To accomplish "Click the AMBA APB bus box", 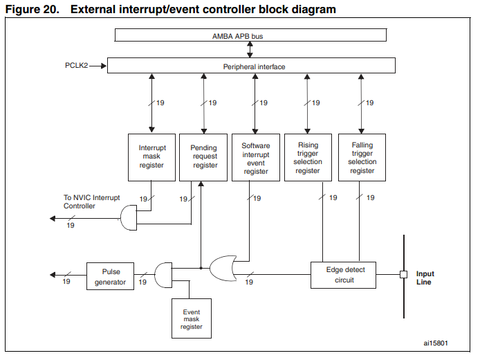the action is [x=250, y=35].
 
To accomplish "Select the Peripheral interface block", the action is [x=251, y=65].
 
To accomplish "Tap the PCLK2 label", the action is [x=76, y=66].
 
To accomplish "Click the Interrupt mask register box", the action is [x=151, y=157].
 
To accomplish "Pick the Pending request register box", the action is [x=203, y=157].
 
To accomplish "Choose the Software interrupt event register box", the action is [x=256, y=157].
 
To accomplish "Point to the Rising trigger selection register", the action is [x=308, y=157].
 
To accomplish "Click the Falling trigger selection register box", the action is [x=362, y=157].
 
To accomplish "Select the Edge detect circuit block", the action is [x=343, y=275].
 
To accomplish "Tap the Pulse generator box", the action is [x=110, y=276].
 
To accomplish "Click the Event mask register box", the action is [x=192, y=318].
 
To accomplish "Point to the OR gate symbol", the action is [x=223, y=269].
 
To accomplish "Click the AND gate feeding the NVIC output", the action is [x=129, y=217].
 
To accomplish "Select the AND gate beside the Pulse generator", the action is [x=163, y=275].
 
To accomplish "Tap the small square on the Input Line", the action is [x=404, y=275].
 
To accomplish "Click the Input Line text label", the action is [x=425, y=278].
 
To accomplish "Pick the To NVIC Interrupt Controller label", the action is [x=91, y=201].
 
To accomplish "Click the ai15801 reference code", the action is [x=436, y=343].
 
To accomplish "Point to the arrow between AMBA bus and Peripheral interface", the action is [x=250, y=50].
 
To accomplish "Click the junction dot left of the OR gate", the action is [x=201, y=268].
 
